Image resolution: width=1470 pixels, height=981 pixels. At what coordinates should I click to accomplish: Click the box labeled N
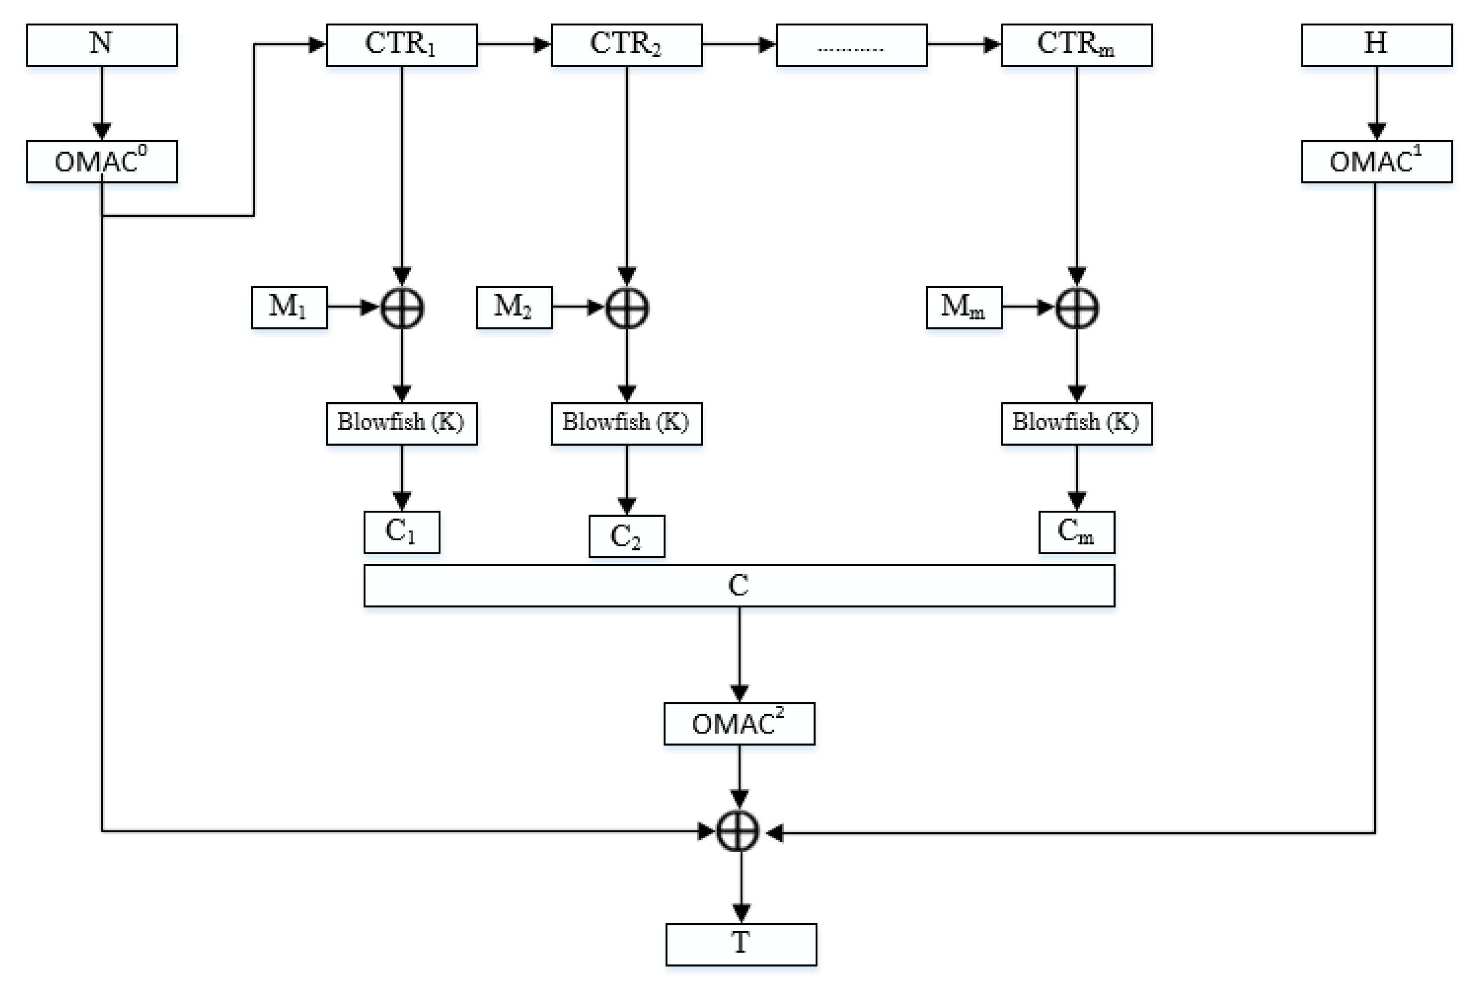101,45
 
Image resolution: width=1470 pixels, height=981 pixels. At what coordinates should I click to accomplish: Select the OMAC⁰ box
101,161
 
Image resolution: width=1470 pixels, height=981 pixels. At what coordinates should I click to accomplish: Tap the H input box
1376,45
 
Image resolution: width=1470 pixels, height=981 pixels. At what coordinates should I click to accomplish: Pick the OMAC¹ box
1376,161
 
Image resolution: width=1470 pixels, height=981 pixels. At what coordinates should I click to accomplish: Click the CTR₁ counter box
402,45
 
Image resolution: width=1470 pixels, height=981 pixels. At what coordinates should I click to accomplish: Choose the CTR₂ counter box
627,45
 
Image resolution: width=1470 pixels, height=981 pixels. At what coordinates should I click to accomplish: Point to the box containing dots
852,45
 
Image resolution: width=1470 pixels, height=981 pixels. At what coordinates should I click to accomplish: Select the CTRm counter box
1076,45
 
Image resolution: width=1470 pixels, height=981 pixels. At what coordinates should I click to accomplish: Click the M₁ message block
289,307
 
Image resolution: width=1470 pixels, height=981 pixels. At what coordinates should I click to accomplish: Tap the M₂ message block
514,307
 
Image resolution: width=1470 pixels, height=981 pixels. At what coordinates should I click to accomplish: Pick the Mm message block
963,307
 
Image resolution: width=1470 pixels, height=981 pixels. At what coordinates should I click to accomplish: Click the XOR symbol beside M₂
627,308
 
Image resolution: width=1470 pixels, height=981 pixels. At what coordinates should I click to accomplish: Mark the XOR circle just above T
738,831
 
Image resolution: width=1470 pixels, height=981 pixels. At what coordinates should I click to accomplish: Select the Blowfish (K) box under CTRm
1076,424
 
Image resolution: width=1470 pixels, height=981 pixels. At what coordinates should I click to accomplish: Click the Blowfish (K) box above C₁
402,424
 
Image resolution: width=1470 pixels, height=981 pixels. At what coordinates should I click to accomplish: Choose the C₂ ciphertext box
627,536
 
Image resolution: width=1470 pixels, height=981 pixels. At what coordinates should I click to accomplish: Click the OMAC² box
739,724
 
